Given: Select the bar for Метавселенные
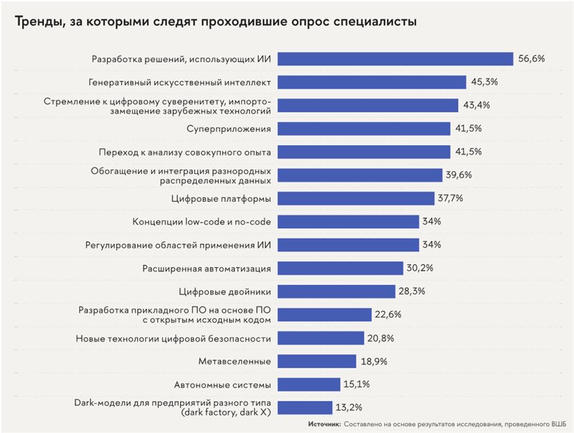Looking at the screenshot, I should (x=316, y=360).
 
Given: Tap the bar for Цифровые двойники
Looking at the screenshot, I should (x=336, y=291).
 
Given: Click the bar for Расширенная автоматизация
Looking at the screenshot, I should (x=340, y=268).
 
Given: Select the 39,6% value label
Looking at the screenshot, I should (x=462, y=175).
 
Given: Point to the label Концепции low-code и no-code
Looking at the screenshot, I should (x=202, y=221).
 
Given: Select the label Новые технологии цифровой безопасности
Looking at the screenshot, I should (x=173, y=337).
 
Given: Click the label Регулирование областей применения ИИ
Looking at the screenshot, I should (x=179, y=245).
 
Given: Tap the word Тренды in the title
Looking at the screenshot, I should (x=36, y=22).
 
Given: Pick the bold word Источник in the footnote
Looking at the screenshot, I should (x=324, y=424).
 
